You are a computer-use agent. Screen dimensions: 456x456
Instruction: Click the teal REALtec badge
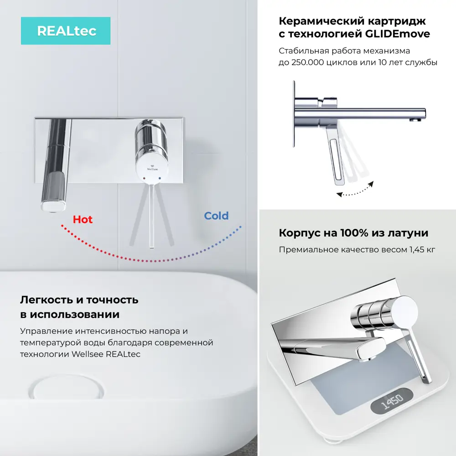66,31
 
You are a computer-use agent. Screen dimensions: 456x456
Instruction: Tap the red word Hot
83,219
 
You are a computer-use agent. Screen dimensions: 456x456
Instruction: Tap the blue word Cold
216,216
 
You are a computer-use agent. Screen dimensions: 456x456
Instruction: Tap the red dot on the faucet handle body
145,176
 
